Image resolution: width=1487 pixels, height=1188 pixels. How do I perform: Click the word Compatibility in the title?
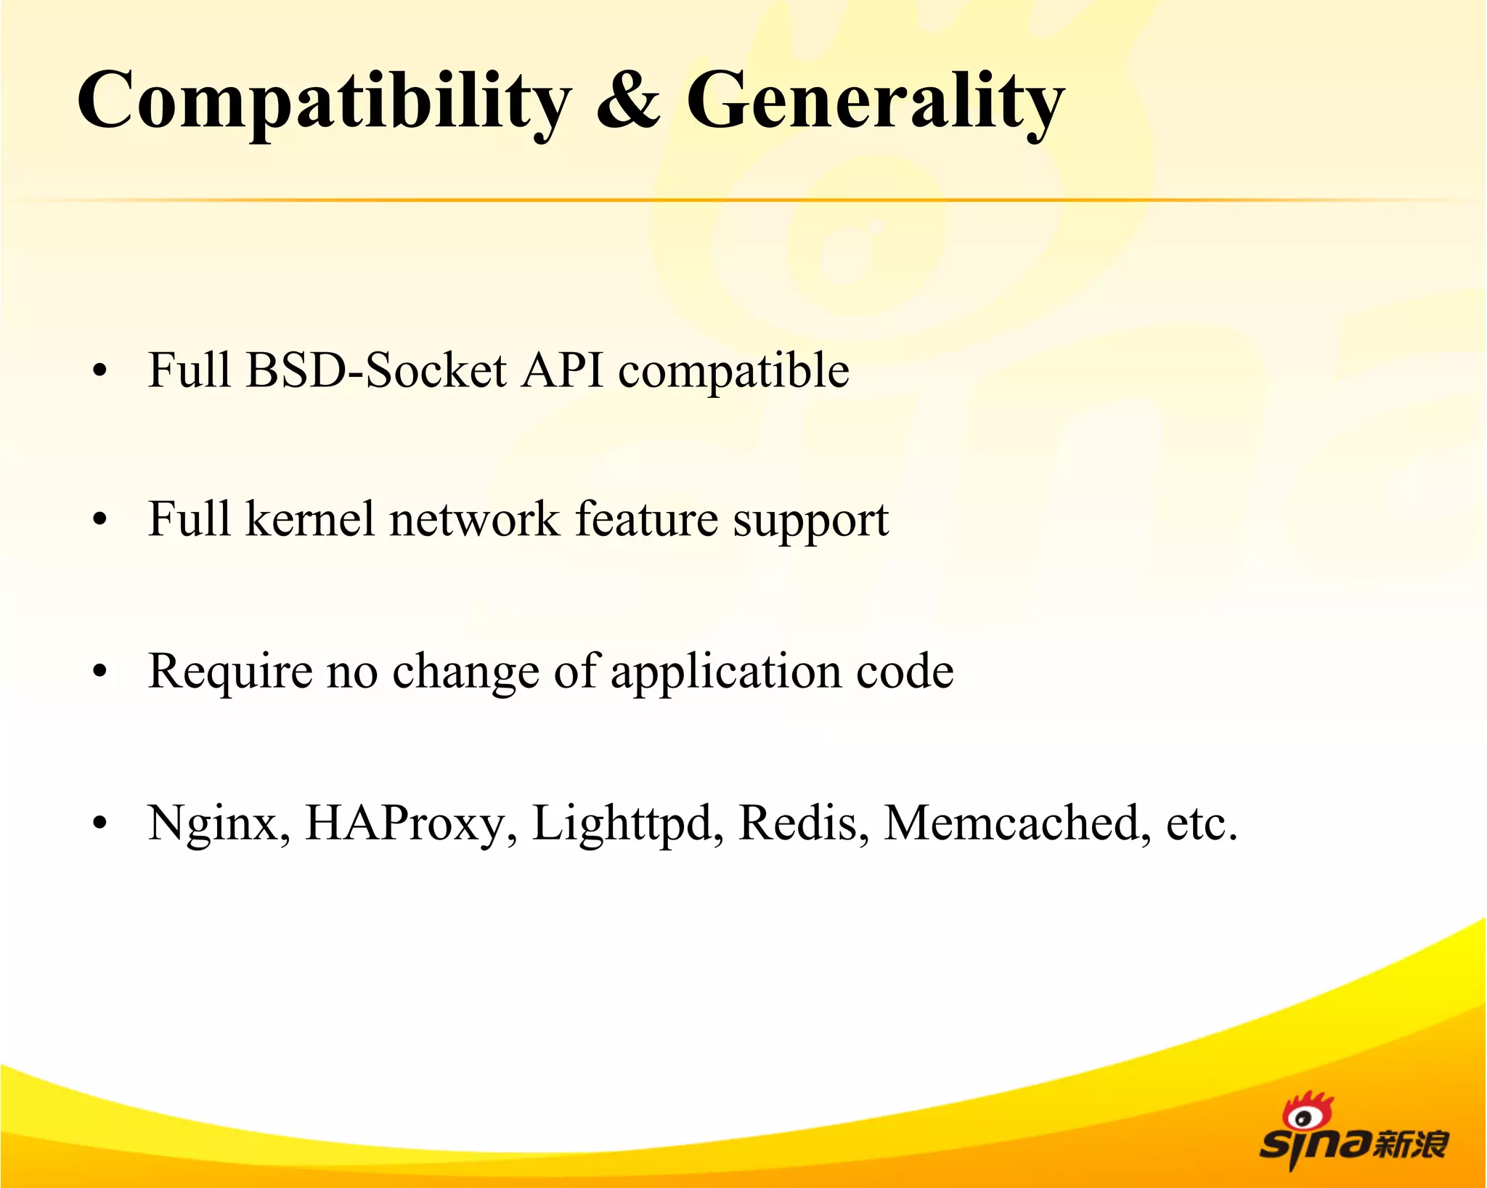point(324,102)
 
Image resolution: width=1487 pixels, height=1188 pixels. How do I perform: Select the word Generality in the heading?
point(875,102)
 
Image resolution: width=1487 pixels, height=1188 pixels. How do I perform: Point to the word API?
point(563,370)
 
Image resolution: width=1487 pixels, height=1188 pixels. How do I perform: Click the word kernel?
point(310,519)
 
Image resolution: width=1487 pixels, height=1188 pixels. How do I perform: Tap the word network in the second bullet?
point(474,519)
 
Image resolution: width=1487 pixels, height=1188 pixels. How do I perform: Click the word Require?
point(230,672)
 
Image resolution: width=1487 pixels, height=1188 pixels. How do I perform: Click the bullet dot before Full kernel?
point(100,520)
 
